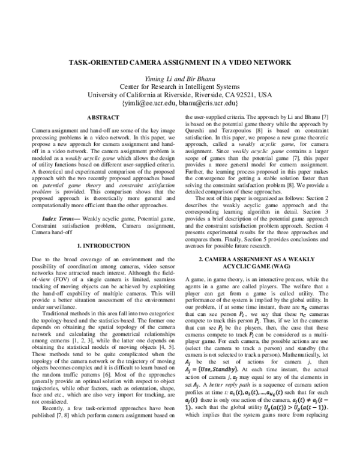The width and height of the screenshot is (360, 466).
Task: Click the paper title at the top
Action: click(180, 62)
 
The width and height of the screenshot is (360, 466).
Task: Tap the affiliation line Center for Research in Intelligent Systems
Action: click(180, 86)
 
